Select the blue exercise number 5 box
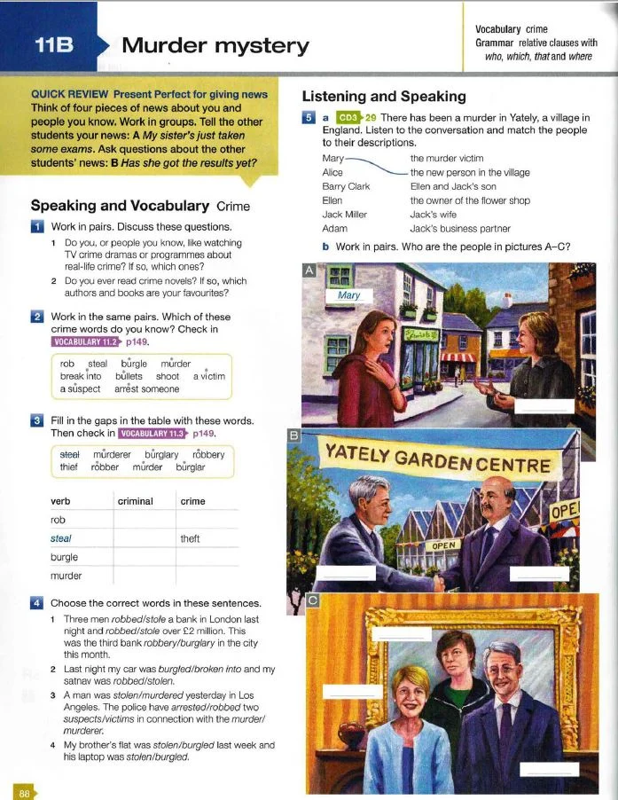click(x=309, y=117)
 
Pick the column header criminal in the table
click(x=135, y=501)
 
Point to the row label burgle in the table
click(x=65, y=557)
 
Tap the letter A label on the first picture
click(x=309, y=271)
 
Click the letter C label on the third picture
click(x=312, y=600)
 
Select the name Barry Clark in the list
click(x=346, y=187)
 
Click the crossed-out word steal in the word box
click(x=69, y=455)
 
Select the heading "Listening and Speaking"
click(x=384, y=95)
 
